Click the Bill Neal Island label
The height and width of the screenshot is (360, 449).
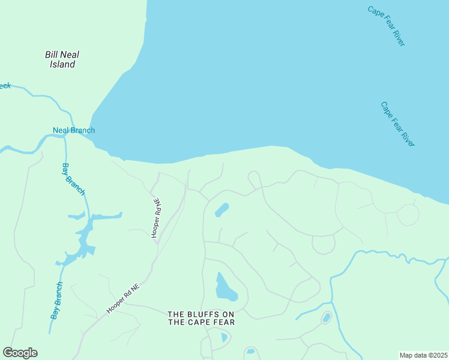coord(62,59)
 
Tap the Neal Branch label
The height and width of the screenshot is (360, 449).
coord(74,130)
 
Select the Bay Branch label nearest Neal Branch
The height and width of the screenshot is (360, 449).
coord(74,178)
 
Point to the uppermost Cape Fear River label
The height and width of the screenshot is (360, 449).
coord(387,26)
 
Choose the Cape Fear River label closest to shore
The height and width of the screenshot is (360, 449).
coord(397,124)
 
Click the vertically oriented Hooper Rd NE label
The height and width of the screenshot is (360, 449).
coord(156,218)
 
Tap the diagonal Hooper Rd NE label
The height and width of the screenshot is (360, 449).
coord(123,298)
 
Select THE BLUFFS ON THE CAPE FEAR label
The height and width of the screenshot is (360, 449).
coord(200,318)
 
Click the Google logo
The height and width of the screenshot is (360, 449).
coord(20,353)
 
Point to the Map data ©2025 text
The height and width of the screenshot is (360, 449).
coord(423,355)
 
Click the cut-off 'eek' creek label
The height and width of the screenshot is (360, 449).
coord(5,86)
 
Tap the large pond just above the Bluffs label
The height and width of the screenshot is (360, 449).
coord(225,287)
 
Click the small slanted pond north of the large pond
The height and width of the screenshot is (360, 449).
coord(221,210)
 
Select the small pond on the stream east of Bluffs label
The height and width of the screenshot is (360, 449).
coord(326,317)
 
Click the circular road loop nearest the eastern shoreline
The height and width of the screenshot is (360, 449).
coord(408,214)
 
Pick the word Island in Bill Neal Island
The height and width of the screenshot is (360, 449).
coord(62,64)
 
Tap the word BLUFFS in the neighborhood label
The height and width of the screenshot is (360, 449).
coord(203,314)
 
